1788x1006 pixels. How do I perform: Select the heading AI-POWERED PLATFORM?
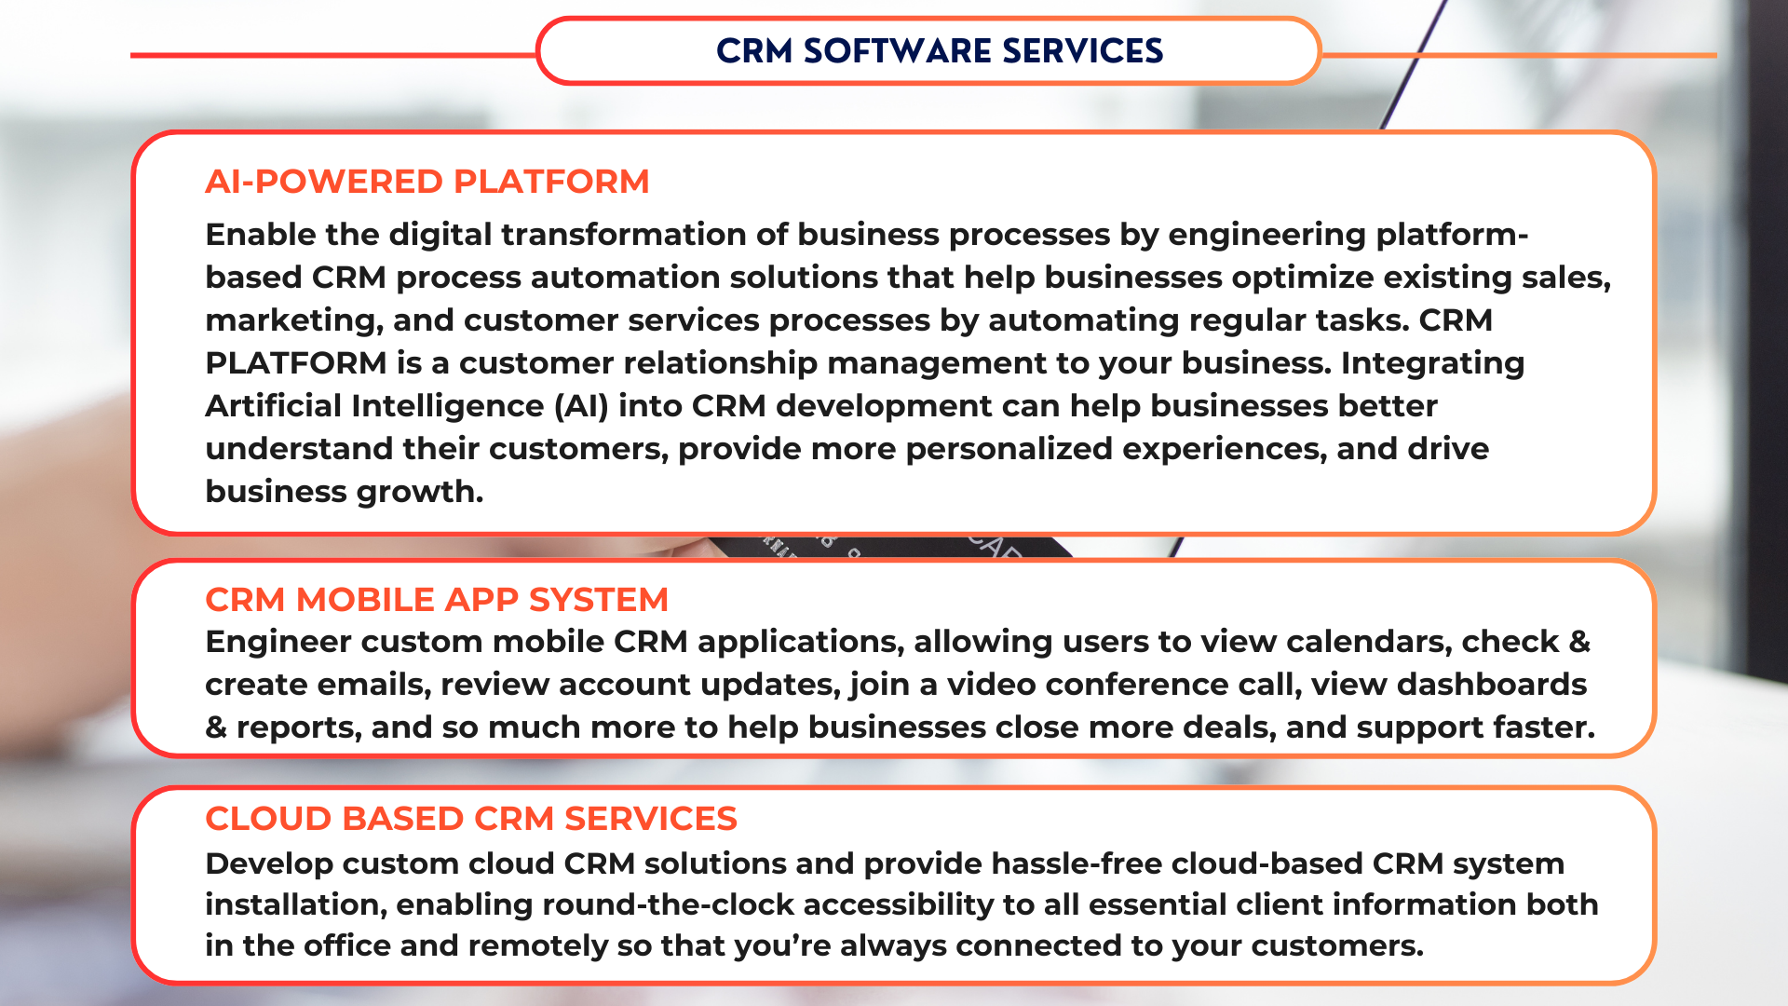pos(427,182)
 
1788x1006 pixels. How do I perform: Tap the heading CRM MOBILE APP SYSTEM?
pos(437,600)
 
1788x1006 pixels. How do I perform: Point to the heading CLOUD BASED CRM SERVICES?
pos(471,819)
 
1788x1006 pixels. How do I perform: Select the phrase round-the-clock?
pos(669,904)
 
